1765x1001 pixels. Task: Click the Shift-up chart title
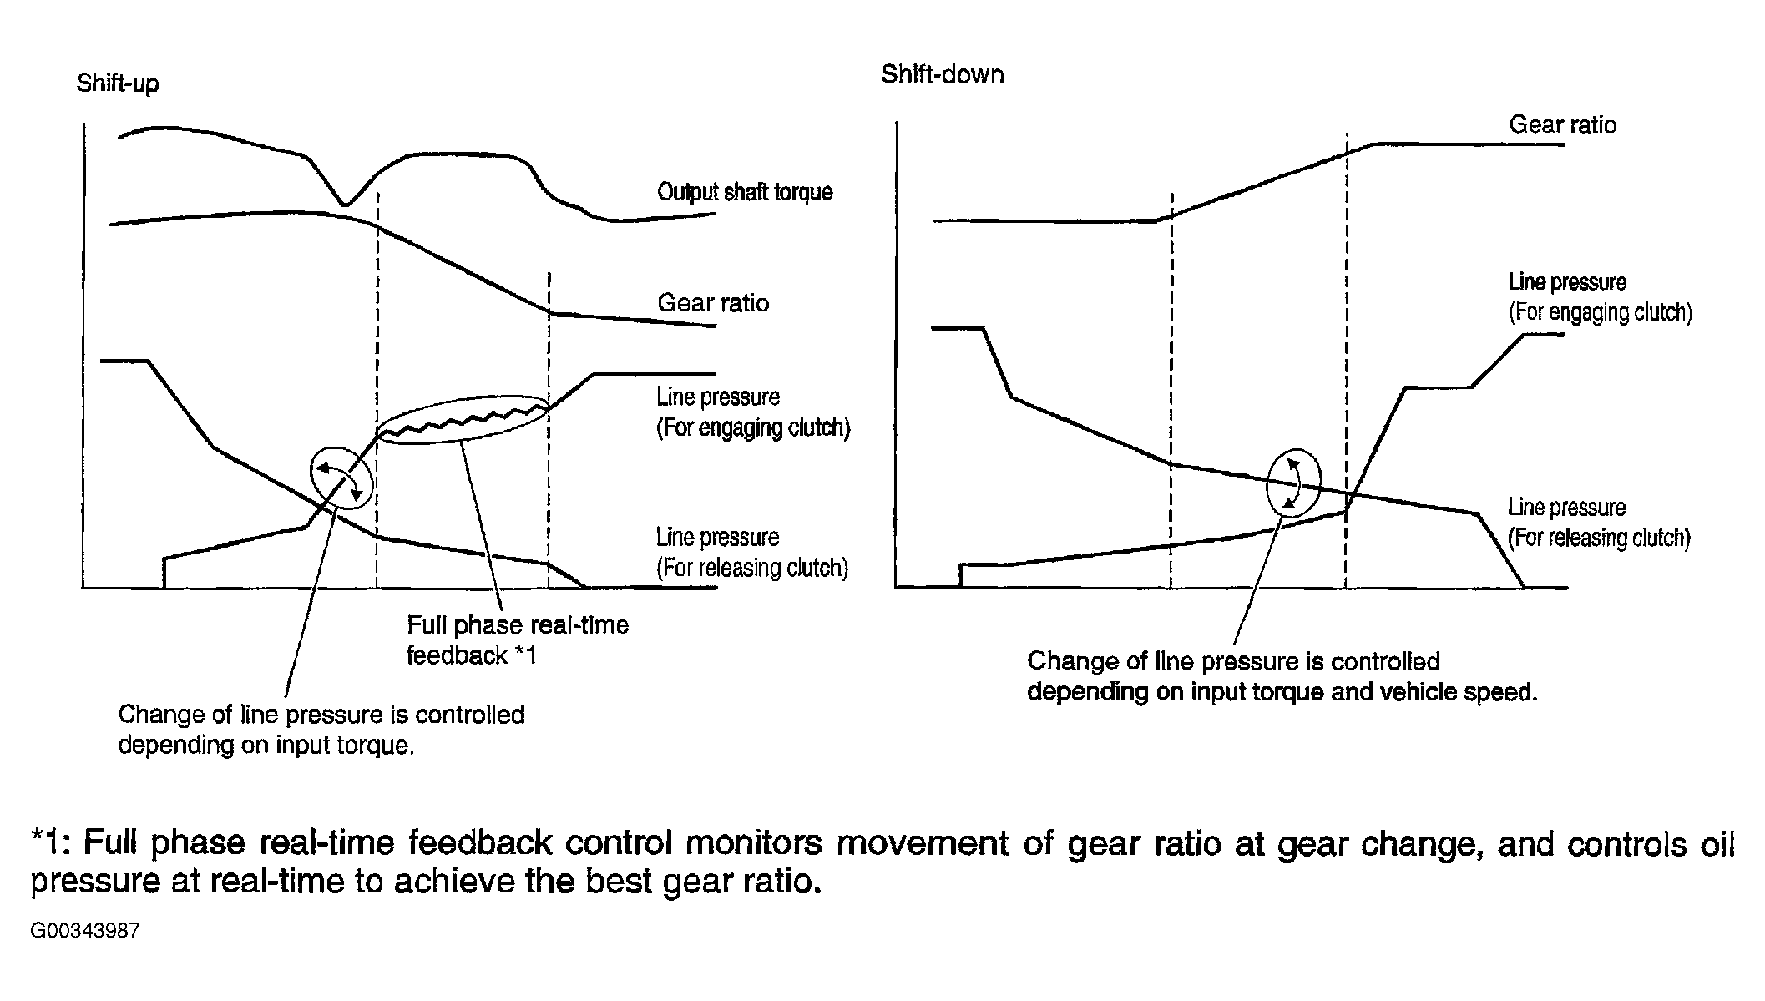click(x=118, y=83)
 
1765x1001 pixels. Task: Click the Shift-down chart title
click(x=942, y=75)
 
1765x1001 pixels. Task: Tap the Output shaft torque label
click(x=745, y=192)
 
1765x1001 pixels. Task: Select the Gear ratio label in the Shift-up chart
click(x=713, y=302)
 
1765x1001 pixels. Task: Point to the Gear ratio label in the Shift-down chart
click(x=1562, y=125)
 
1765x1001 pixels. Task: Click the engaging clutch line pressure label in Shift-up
click(x=752, y=412)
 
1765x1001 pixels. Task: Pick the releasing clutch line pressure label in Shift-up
click(x=751, y=552)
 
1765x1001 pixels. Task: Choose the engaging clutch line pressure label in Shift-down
click(x=1600, y=296)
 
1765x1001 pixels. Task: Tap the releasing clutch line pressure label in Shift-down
click(x=1598, y=522)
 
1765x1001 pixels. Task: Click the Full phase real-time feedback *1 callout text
click(x=517, y=640)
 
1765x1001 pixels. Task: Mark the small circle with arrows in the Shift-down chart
click(x=1293, y=483)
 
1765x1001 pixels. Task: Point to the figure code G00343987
click(x=85, y=931)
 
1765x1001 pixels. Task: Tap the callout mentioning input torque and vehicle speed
click(x=1282, y=676)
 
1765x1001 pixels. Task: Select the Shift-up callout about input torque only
click(x=321, y=730)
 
